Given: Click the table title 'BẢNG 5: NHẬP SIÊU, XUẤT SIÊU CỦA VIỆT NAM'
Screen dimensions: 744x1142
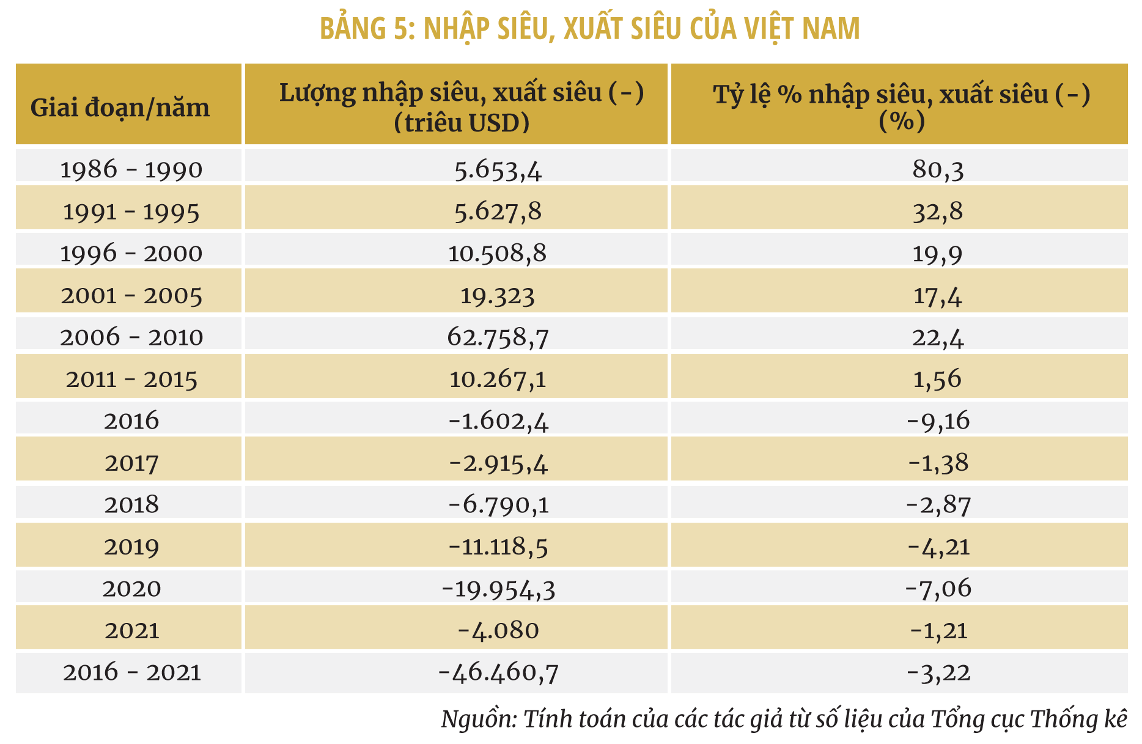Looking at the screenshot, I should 589,29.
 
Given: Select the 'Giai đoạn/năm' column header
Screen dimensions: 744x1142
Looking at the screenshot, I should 120,108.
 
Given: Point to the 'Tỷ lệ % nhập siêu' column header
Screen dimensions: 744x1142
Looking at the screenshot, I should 901,95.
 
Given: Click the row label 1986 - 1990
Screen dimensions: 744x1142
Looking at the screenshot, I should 131,170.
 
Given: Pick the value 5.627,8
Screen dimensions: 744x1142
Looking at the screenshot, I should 498,212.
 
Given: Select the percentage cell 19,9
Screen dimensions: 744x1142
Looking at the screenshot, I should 937,253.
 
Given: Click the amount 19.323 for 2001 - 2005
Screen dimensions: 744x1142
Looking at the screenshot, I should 497,296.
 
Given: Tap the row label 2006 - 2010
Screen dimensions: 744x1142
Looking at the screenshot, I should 131,337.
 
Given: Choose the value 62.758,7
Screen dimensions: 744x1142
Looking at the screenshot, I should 498,337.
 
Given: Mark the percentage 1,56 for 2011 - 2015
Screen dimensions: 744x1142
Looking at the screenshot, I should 937,379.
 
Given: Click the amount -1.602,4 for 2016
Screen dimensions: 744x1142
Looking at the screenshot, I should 498,421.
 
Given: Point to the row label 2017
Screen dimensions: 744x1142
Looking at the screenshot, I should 131,463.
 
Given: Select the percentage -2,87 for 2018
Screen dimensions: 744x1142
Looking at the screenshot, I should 937,505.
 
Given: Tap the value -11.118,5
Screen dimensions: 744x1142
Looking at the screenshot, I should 498,547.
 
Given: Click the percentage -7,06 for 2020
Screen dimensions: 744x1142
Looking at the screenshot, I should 937,588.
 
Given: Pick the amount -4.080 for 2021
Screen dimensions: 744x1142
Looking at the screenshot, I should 498,630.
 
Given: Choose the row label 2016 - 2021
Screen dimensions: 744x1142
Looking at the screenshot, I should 131,672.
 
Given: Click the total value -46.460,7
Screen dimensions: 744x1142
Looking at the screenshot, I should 498,672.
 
